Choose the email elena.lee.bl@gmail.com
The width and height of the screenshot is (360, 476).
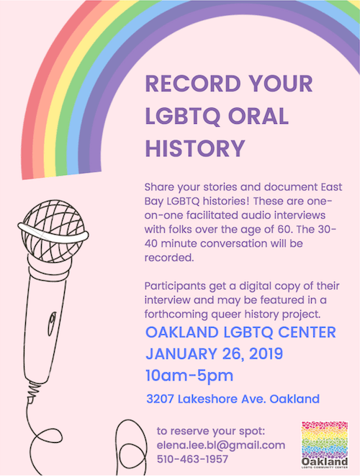221,445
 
